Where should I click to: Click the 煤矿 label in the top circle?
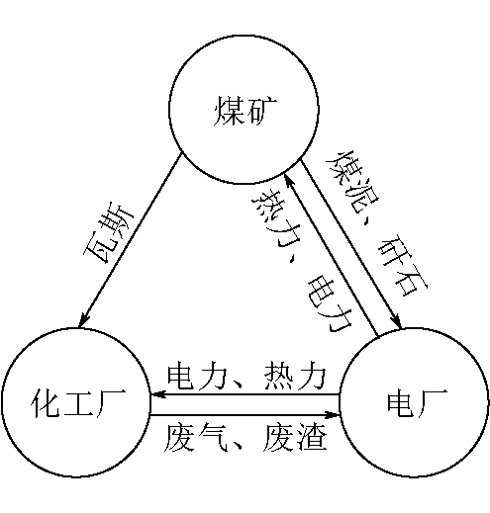pyautogui.click(x=245, y=111)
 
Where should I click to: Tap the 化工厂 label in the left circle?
pyautogui.click(x=78, y=403)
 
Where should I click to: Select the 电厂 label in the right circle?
pyautogui.click(x=418, y=403)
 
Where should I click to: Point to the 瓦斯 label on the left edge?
pyautogui.click(x=109, y=234)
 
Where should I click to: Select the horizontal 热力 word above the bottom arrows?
pyautogui.click(x=295, y=376)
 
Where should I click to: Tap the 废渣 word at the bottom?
pyautogui.click(x=295, y=438)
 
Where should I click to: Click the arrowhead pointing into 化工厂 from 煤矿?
pyautogui.click(x=84, y=319)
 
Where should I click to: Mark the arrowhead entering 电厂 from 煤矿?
pyautogui.click(x=395, y=320)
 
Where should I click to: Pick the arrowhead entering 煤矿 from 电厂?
pyautogui.click(x=289, y=180)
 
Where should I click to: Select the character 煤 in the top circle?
pyautogui.click(x=229, y=111)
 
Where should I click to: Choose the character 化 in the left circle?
pyautogui.click(x=46, y=403)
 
